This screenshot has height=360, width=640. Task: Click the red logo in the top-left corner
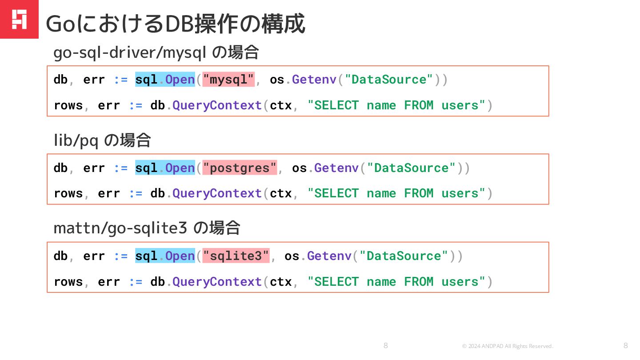19,19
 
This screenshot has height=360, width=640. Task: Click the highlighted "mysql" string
228,80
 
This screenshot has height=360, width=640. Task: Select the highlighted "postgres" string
240,168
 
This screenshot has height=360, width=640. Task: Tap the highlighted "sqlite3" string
236,256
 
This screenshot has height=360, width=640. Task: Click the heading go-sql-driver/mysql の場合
156,53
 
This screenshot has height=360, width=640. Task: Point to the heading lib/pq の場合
102,141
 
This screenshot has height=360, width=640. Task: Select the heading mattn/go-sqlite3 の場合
147,228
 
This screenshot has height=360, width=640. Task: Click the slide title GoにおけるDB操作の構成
176,24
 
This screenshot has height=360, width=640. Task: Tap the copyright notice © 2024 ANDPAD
508,346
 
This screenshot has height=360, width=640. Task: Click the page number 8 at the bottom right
626,345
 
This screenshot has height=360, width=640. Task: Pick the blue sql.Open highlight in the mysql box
165,80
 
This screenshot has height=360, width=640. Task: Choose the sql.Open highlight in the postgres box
165,168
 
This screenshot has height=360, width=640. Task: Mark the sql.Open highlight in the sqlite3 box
165,256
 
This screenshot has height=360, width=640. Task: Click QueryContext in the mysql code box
217,105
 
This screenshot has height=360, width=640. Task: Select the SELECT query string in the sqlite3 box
396,282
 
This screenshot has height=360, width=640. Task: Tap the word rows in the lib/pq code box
68,193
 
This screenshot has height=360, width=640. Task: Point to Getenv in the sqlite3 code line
329,256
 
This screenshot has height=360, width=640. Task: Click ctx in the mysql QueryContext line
281,105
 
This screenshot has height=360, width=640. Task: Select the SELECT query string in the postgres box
396,193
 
